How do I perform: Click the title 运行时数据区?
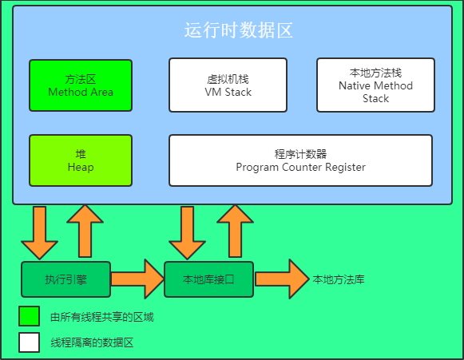point(239,30)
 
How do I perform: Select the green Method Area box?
point(81,85)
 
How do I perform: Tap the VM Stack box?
point(228,85)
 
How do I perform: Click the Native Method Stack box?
point(375,85)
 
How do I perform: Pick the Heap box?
point(81,160)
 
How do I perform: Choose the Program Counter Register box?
point(300,160)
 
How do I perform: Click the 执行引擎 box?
point(66,279)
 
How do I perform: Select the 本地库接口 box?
point(208,279)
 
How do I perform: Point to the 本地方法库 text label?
point(339,279)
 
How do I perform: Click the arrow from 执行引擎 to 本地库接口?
point(137,279)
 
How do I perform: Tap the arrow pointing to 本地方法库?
point(282,279)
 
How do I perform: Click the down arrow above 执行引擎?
point(39,233)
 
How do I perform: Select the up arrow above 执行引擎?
point(85,231)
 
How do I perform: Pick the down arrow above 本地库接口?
point(187,233)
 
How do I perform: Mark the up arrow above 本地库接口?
point(235,231)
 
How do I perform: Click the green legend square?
point(29,316)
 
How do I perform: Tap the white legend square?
point(29,342)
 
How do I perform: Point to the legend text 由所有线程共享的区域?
point(102,317)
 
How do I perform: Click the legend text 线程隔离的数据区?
point(92,342)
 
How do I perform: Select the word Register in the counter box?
point(345,168)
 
